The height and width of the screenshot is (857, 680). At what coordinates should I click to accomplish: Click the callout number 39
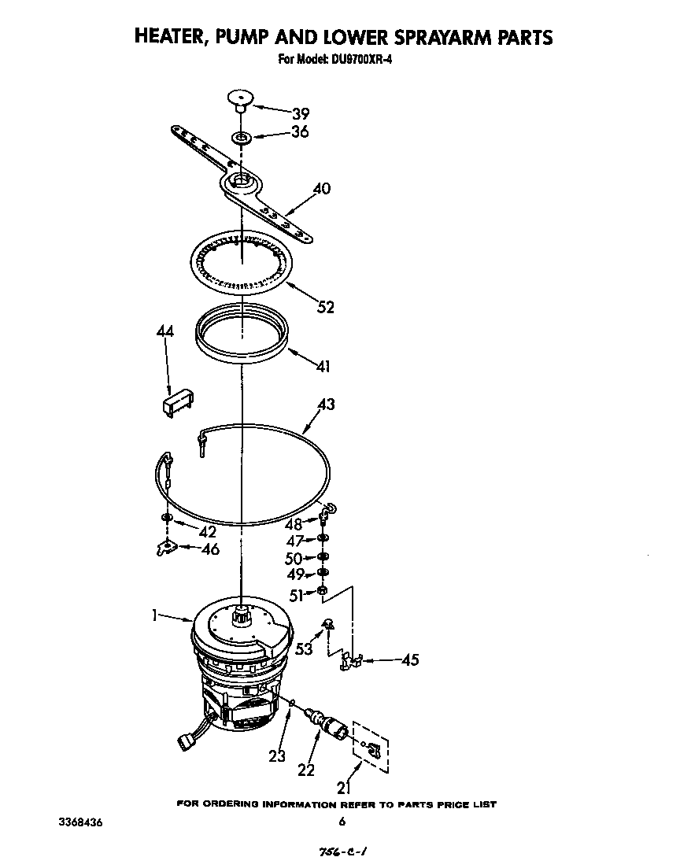[301, 113]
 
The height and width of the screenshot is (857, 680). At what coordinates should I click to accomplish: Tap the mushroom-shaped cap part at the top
[238, 99]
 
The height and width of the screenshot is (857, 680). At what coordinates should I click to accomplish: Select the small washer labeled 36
[241, 139]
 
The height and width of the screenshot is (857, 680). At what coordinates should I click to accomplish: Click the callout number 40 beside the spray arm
[321, 189]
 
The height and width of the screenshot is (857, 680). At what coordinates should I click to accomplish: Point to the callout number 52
[324, 307]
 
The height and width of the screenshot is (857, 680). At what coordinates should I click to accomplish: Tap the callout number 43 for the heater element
[326, 404]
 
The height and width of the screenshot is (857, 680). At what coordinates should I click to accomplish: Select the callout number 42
[207, 531]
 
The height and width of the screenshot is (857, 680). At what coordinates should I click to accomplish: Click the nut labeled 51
[323, 591]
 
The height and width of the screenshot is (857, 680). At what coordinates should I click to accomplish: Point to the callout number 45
[410, 660]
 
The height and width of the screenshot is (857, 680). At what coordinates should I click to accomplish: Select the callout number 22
[306, 770]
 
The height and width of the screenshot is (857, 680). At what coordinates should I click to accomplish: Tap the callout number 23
[276, 758]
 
